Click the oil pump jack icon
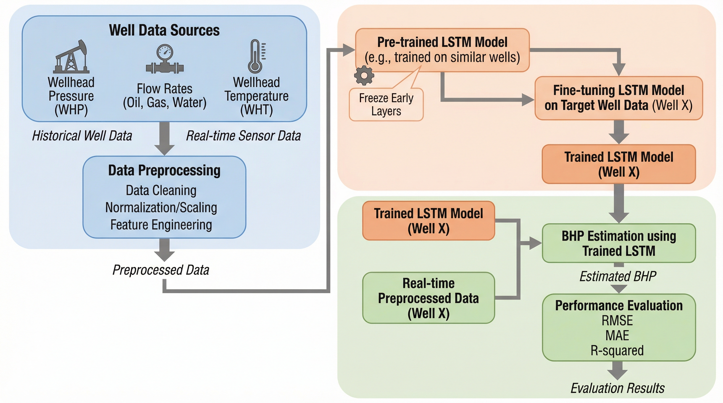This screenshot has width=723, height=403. pyautogui.click(x=71, y=57)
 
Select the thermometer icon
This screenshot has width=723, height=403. pyautogui.click(x=256, y=56)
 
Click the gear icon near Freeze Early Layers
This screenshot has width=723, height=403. pyautogui.click(x=364, y=75)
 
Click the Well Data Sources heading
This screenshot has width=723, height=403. pyautogui.click(x=164, y=30)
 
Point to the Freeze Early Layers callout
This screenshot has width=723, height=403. pyautogui.click(x=386, y=104)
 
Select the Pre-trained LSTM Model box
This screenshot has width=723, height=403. pyautogui.click(x=442, y=50)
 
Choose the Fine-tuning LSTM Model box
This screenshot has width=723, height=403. pyautogui.click(x=619, y=98)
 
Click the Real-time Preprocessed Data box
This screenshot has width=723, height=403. pyautogui.click(x=428, y=298)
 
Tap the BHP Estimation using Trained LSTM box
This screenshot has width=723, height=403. pyautogui.click(x=619, y=243)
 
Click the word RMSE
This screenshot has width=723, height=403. pyautogui.click(x=617, y=321)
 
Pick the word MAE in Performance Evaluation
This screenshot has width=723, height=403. pyautogui.click(x=617, y=336)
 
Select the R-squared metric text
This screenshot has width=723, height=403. pyautogui.click(x=617, y=351)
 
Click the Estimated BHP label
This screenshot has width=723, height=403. pyautogui.click(x=618, y=276)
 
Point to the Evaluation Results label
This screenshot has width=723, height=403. pyautogui.click(x=617, y=388)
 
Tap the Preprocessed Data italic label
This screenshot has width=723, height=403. pyautogui.click(x=161, y=270)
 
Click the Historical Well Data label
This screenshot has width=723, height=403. pyautogui.click(x=82, y=136)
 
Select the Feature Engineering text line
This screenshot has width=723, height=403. pyautogui.click(x=161, y=225)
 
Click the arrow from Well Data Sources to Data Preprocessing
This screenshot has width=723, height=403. pyautogui.click(x=164, y=138)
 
